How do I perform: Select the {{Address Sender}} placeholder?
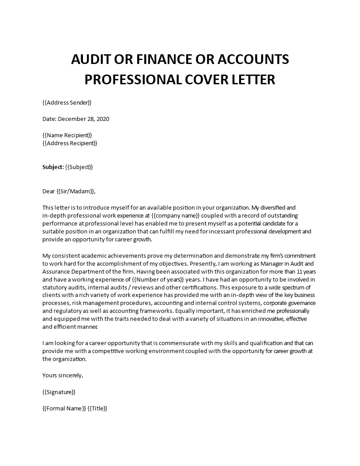click(67, 103)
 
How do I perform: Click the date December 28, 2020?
click(83, 119)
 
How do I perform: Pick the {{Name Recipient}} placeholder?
click(67, 135)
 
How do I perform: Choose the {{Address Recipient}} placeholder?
click(70, 143)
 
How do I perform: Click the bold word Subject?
click(52, 167)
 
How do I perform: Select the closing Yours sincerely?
click(63, 375)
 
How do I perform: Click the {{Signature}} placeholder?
click(59, 391)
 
